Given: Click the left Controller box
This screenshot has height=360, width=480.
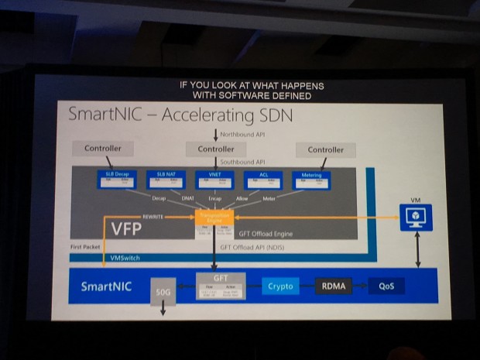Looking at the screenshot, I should [x=109, y=149].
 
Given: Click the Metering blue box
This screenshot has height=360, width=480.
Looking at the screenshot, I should [x=311, y=180].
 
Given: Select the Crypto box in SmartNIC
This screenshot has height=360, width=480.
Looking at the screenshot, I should [x=280, y=286].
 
